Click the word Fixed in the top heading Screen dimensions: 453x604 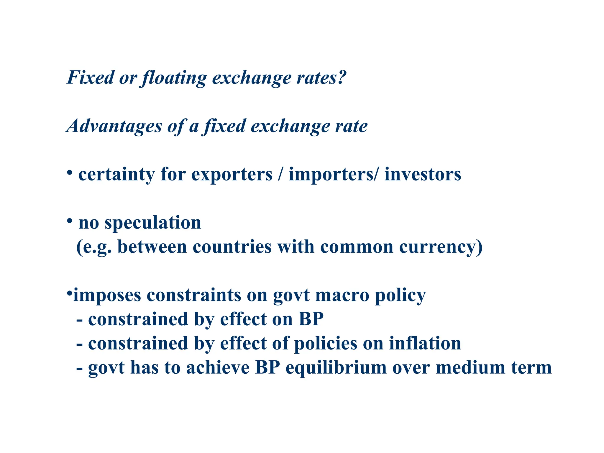[90, 77]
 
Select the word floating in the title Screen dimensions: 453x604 [174, 78]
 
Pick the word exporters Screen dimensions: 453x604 [232, 175]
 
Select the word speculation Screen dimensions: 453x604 [153, 223]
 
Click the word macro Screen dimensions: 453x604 [342, 296]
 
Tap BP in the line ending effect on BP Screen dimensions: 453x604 [311, 319]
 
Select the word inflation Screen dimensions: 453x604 [425, 343]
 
